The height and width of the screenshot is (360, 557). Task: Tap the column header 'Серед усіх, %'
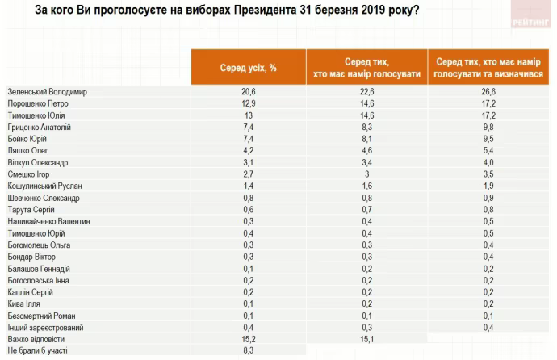tap(248, 67)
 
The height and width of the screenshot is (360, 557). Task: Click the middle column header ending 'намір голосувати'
tap(366, 67)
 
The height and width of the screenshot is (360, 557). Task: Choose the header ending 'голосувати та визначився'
tap(488, 67)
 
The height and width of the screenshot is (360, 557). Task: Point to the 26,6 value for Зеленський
tap(488, 91)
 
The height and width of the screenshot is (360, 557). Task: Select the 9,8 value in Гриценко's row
tap(488, 127)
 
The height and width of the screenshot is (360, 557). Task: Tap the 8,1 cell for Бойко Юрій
tap(366, 138)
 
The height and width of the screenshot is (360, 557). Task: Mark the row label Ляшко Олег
tap(29, 150)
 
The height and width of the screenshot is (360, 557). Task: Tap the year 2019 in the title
tap(361, 11)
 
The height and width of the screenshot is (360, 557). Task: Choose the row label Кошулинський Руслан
tap(44, 186)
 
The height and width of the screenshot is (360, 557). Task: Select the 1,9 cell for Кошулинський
tap(488, 186)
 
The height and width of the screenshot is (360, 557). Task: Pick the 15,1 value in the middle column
tap(366, 339)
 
